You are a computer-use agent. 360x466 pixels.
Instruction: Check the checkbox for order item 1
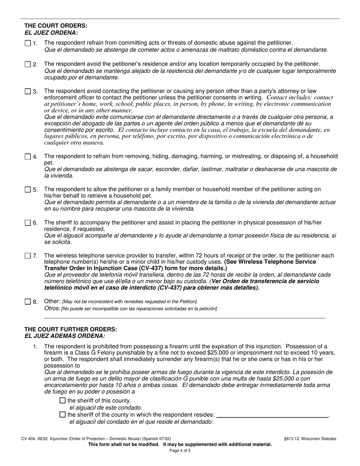point(28,43)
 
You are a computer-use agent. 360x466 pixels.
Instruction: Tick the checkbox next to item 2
point(28,64)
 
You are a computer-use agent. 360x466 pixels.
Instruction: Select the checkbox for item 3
point(28,91)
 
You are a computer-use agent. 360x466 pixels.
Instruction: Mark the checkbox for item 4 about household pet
point(28,156)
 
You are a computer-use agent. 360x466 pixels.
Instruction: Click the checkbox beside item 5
point(28,189)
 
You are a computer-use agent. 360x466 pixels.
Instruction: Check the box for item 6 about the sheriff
point(28,223)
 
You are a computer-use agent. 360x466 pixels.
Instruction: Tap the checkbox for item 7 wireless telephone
point(28,256)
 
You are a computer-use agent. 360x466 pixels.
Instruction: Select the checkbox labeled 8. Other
point(28,302)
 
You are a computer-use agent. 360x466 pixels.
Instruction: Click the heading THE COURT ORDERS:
point(56,26)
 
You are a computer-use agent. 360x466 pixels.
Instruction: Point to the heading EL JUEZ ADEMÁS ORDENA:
point(65,336)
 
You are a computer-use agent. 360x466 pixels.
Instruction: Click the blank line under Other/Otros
point(185,317)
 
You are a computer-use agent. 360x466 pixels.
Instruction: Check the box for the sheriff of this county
point(63,400)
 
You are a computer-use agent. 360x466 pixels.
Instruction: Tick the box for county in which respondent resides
point(63,415)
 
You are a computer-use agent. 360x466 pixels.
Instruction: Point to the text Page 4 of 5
point(180,451)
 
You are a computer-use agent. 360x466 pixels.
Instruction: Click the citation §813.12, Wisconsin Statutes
point(310,439)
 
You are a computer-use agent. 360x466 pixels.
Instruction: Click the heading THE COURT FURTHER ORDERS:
point(71,330)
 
